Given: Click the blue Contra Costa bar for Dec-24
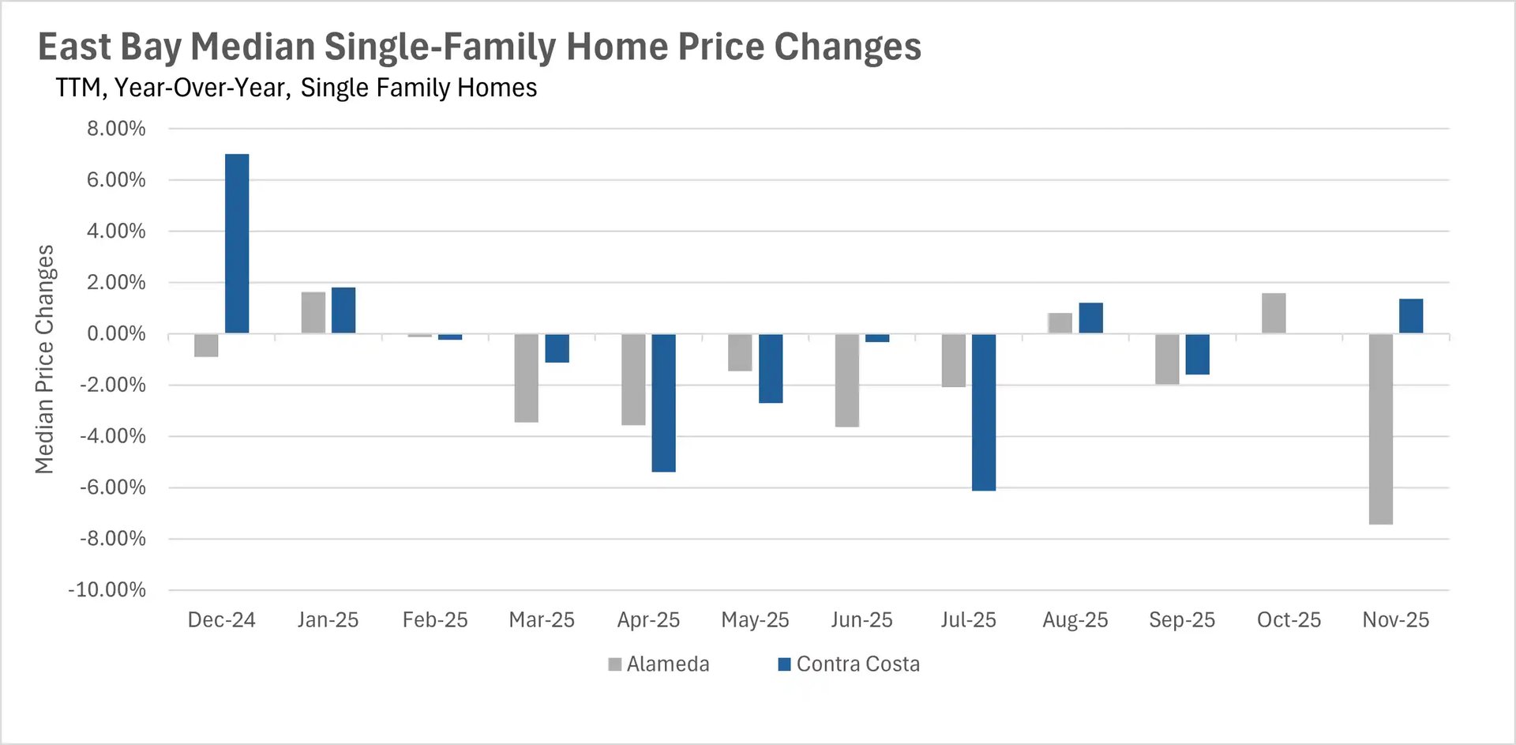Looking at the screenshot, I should pos(237,243).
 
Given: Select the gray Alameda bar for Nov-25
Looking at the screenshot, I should pos(1380,428).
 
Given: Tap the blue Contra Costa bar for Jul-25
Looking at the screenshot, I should pos(983,412).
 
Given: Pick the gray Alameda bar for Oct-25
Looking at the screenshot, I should pos(1274,314).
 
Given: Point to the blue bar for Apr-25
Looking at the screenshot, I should pos(663,402).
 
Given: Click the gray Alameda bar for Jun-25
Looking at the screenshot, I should pos(846,380).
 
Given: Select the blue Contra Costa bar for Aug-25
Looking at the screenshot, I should pos(1090,318).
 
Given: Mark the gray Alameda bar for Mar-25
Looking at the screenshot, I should pos(526,378).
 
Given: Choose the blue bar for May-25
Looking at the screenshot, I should pos(771,368).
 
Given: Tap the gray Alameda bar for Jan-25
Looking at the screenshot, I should pos(313,313).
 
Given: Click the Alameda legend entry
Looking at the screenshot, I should pos(659,664).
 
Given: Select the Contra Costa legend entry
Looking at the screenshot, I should pos(850,664).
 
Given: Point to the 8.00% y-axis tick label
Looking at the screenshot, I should pos(116,129).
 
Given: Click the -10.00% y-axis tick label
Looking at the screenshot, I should pos(107,590).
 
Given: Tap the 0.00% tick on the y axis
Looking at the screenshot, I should pos(116,334).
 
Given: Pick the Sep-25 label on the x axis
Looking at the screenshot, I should pos(1181,620).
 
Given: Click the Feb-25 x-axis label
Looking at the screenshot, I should pos(435,620).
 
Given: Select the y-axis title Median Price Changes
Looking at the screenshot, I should pos(44,359).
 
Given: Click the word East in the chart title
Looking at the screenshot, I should pos(74,47).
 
